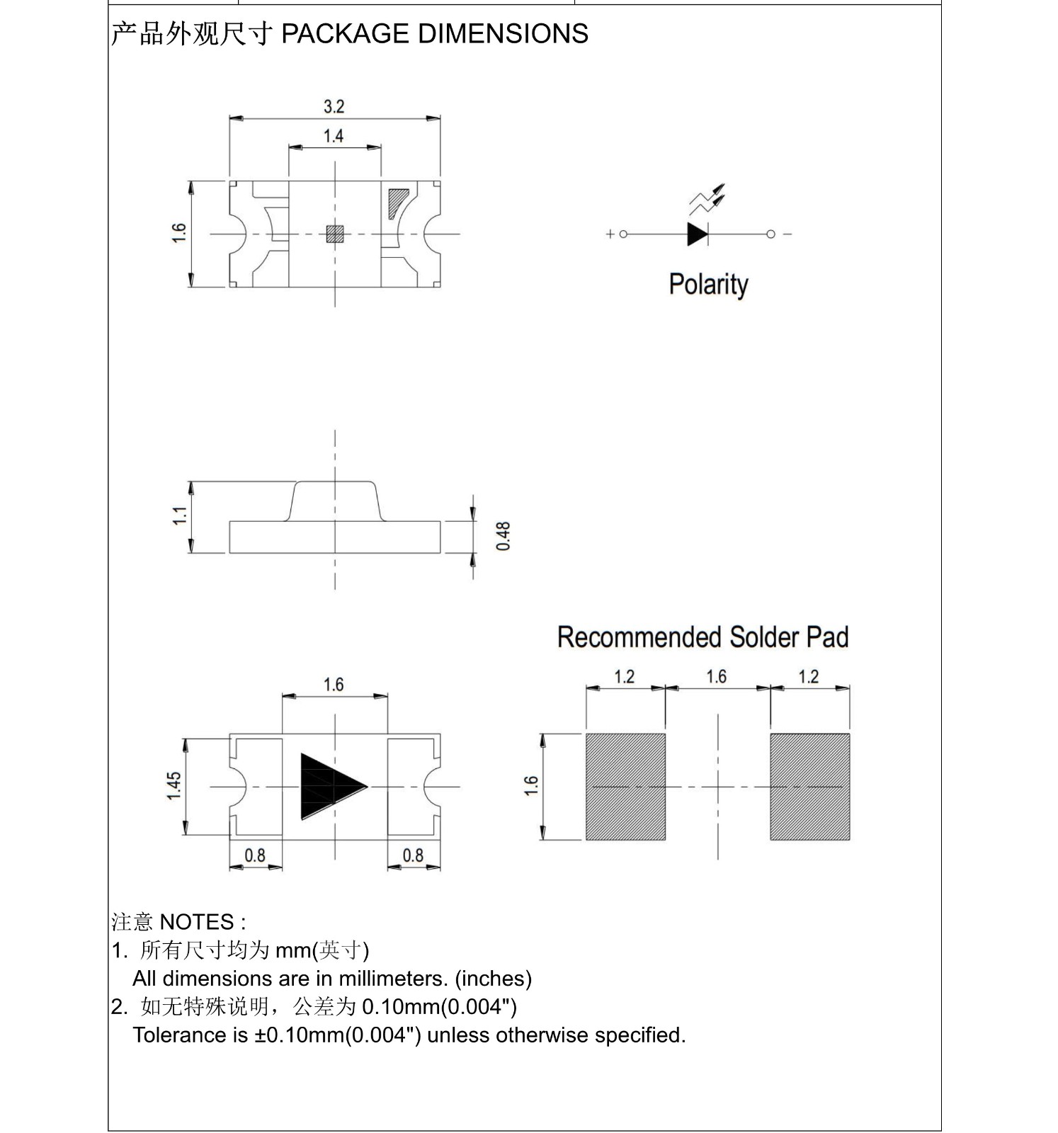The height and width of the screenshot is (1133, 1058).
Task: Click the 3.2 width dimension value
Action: (334, 107)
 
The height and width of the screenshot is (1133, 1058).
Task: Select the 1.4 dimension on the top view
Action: (334, 136)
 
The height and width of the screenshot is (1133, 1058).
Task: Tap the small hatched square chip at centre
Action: (334, 234)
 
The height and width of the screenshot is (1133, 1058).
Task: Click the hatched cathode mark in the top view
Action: (397, 202)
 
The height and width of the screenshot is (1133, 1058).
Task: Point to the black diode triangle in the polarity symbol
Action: (697, 234)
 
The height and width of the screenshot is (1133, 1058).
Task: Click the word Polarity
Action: (708, 284)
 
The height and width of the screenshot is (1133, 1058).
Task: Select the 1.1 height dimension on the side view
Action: (180, 516)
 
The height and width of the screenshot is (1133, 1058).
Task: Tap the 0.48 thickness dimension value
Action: (503, 536)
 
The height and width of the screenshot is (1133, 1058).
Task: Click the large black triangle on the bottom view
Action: (328, 786)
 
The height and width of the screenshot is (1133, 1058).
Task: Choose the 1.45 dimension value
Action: (174, 786)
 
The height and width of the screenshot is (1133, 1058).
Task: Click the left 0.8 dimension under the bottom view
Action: (255, 855)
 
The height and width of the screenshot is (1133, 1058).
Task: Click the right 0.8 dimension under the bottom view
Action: (413, 855)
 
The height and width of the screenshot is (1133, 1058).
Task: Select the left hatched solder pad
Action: (625, 787)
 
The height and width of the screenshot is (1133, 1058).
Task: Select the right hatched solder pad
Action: (809, 787)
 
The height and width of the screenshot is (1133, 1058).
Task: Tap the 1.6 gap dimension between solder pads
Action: (717, 677)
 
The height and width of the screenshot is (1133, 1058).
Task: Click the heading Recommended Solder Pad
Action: (703, 637)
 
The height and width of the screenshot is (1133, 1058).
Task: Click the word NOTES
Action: (197, 922)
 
